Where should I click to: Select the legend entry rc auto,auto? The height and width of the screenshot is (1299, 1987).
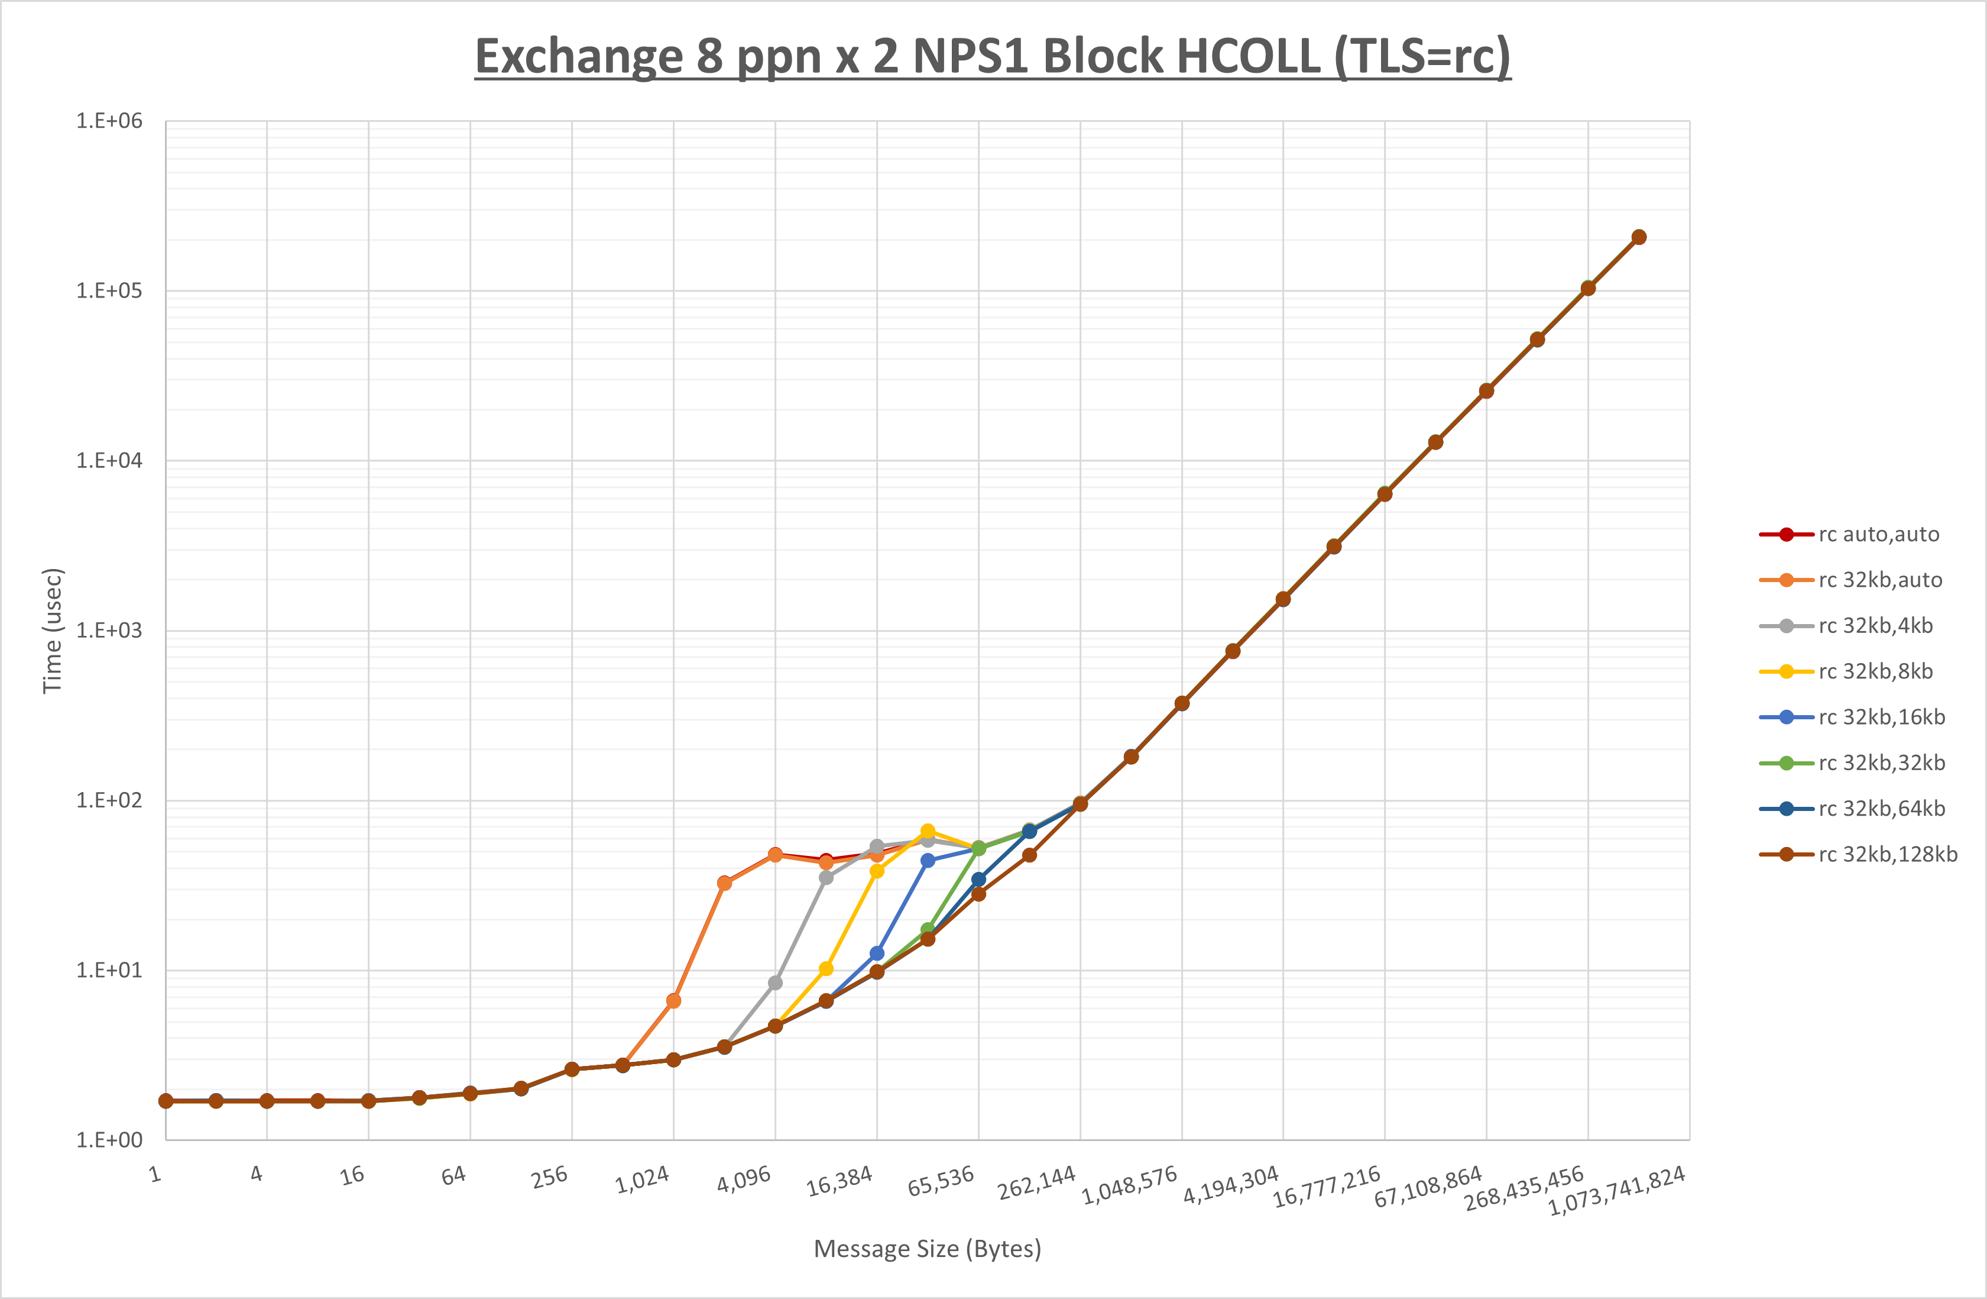1878,535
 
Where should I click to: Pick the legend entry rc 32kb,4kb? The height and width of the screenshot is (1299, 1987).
1875,626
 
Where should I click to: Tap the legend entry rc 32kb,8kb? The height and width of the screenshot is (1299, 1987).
1875,671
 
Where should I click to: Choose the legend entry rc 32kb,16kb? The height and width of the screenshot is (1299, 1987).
1881,718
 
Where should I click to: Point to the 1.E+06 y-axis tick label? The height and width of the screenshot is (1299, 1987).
109,121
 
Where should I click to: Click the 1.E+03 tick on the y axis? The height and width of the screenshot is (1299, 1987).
109,631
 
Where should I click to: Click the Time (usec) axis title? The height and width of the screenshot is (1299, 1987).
52,631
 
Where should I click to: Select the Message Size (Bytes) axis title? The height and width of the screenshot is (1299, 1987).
928,1249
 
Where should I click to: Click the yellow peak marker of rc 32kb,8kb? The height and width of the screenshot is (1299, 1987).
928,831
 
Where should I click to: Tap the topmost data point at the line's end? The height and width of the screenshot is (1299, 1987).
1639,237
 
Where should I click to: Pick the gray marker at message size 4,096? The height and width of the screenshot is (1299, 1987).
776,983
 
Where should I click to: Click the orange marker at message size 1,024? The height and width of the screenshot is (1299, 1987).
674,1001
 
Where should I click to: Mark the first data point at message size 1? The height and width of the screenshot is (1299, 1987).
166,1101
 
